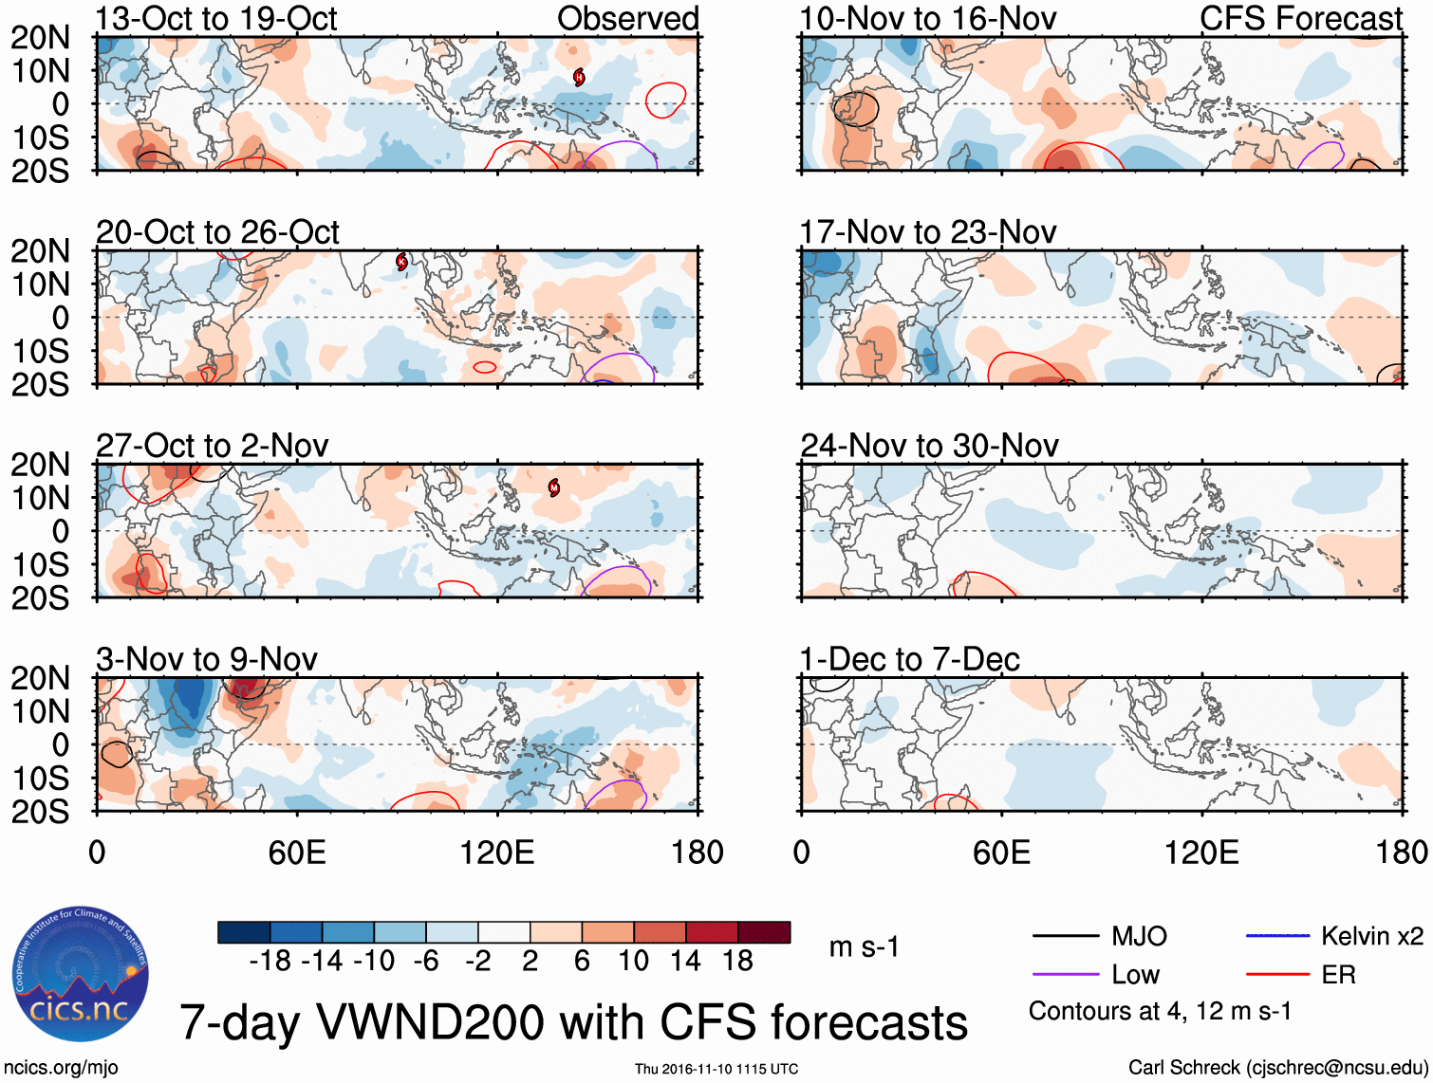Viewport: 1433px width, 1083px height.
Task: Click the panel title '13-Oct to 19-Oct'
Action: [x=216, y=19]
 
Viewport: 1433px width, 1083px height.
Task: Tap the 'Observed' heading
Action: [x=627, y=19]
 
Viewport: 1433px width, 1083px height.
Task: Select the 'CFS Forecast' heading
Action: [x=1300, y=19]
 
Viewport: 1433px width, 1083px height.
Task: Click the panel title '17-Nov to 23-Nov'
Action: [x=927, y=232]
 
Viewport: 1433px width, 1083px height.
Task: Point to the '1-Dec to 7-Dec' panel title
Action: [x=909, y=659]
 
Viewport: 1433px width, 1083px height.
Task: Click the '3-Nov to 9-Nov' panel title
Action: [x=207, y=659]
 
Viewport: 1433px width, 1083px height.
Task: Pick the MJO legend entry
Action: [x=1139, y=936]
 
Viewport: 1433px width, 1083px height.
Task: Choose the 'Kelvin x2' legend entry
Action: [x=1371, y=936]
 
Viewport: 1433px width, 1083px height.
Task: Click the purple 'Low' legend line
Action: [x=1065, y=974]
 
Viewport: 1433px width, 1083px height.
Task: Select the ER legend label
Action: [x=1338, y=974]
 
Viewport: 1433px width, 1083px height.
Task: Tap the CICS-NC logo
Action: [x=81, y=974]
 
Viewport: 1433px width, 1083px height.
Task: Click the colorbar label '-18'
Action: [x=270, y=961]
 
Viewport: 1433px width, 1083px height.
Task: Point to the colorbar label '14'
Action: [x=685, y=961]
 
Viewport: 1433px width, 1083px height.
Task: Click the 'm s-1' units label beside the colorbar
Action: [x=864, y=946]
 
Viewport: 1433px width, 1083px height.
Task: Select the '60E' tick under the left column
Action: [x=297, y=852]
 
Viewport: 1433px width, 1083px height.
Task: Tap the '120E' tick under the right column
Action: [x=1201, y=852]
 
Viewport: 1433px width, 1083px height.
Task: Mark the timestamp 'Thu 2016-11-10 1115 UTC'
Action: [x=716, y=1069]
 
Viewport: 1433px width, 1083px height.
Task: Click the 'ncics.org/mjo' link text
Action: [x=61, y=1067]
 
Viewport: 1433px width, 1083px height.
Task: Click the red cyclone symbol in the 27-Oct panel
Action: [x=554, y=488]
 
